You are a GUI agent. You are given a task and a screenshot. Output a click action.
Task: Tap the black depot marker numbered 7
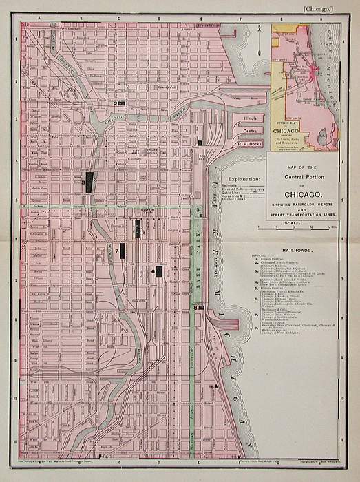pyautogui.click(x=122, y=251)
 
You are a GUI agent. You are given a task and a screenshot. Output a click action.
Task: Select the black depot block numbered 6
pyautogui.click(x=159, y=271)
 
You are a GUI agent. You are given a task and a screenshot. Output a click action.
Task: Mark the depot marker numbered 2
pyautogui.click(x=122, y=103)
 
